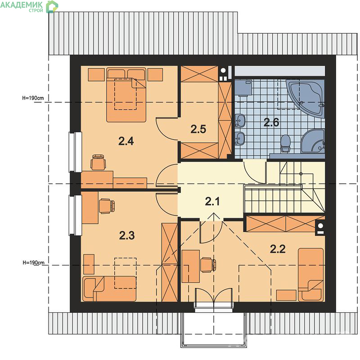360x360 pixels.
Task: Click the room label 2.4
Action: click(x=126, y=141)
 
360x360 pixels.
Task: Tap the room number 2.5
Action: click(x=198, y=129)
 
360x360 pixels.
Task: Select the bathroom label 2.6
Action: click(x=271, y=122)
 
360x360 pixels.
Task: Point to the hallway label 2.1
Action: click(x=212, y=201)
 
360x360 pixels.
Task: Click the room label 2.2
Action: click(x=278, y=249)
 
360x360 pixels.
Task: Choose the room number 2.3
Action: click(x=127, y=235)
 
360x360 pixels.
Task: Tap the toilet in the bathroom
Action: click(x=286, y=144)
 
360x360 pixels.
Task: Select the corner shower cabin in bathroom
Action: click(x=313, y=141)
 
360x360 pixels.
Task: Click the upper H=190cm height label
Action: click(x=33, y=98)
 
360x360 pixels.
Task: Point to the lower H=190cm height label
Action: click(x=33, y=262)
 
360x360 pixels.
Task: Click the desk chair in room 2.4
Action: click(x=98, y=162)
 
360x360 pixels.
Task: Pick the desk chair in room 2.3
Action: click(x=107, y=206)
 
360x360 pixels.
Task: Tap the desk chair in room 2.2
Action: click(x=208, y=265)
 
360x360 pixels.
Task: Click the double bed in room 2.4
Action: click(x=126, y=94)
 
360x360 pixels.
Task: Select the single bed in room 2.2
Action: click(x=311, y=274)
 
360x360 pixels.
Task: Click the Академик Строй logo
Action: click(x=29, y=6)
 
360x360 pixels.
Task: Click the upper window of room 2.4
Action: click(x=75, y=152)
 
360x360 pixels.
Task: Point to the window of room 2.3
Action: click(x=75, y=215)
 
